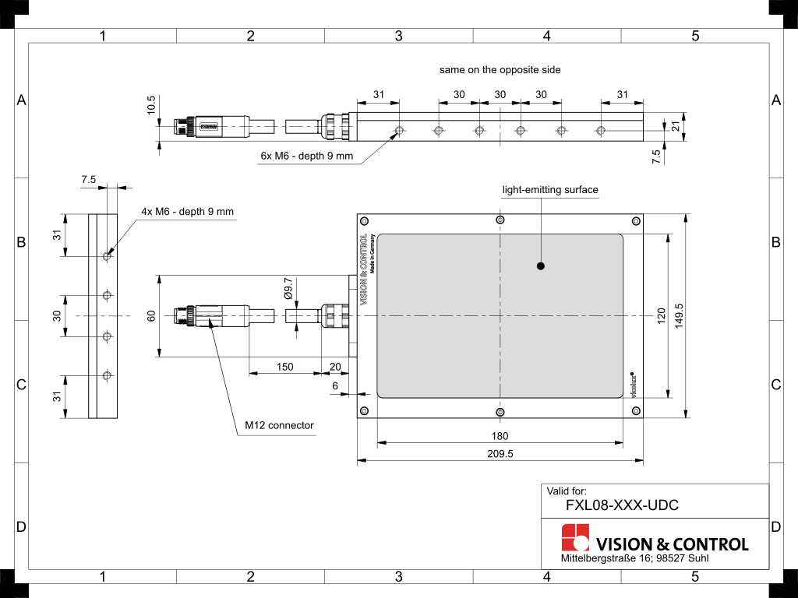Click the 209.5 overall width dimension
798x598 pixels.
(500, 453)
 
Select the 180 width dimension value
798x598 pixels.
(500, 436)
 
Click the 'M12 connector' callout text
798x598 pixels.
(279, 425)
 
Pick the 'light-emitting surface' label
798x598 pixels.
(550, 189)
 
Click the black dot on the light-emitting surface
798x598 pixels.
(541, 266)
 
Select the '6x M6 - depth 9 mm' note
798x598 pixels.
(306, 156)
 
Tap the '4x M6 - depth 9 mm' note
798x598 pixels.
(187, 211)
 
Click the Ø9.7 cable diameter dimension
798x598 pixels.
(288, 288)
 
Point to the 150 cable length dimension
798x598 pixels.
(284, 366)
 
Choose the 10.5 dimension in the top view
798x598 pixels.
(151, 104)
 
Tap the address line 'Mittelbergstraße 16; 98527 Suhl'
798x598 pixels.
(634, 559)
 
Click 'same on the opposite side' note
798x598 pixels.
(500, 69)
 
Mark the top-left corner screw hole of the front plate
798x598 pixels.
(363, 221)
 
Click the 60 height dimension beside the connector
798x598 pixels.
(151, 315)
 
